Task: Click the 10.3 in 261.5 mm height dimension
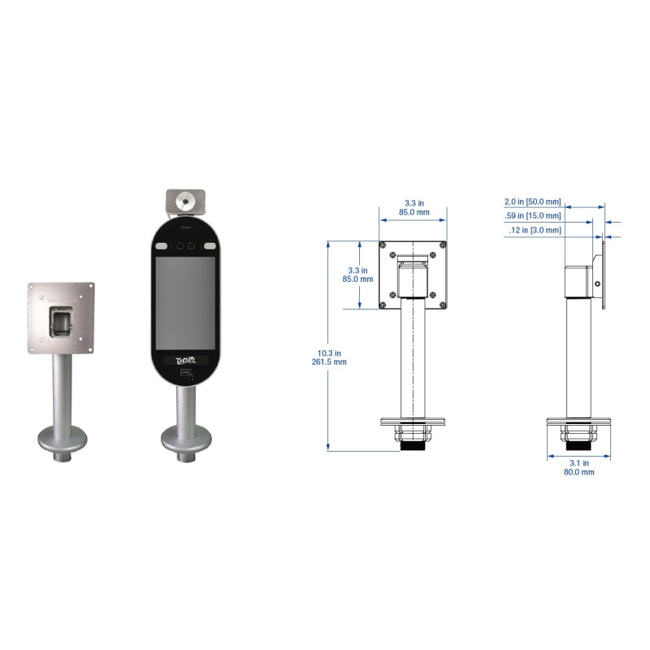[329, 357]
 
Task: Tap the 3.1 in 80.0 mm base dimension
[579, 467]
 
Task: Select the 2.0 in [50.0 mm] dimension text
[532, 201]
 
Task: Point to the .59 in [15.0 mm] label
[532, 215]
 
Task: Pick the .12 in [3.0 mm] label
[535, 230]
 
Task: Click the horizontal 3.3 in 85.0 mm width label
[414, 208]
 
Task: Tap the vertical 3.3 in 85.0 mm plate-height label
[357, 275]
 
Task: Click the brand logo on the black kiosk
[186, 360]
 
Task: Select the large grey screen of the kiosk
[185, 303]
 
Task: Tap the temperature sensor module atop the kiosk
[185, 202]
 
